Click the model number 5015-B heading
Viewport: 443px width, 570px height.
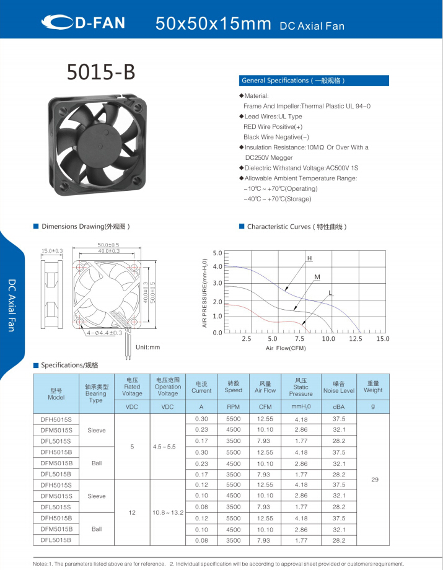(101, 72)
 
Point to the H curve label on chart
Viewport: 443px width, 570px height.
(309, 257)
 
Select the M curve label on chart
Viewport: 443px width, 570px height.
(317, 276)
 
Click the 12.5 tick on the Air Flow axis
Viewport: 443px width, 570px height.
(355, 339)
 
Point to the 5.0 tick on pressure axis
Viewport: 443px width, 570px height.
(217, 253)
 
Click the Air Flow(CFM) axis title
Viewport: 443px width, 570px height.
(286, 348)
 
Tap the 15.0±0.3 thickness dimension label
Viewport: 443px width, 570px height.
(52, 250)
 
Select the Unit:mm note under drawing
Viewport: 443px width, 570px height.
(148, 347)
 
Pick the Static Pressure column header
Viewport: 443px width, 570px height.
(300, 387)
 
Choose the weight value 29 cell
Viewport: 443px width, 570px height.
(374, 480)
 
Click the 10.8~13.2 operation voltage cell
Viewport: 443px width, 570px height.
(167, 512)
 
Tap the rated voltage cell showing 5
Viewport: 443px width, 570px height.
(132, 446)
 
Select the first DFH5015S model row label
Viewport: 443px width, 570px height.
(56, 419)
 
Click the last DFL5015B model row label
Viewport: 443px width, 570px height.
(56, 540)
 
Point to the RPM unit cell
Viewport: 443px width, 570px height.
(233, 407)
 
